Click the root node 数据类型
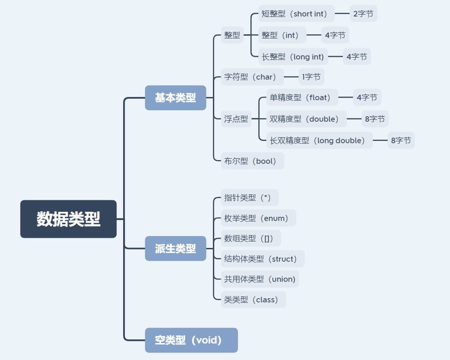(68, 219)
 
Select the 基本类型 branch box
(175, 98)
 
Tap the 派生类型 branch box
(175, 248)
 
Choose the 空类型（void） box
(191, 340)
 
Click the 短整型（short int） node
(296, 14)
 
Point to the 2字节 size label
(363, 14)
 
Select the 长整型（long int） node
(293, 57)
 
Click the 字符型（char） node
(252, 77)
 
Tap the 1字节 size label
(311, 77)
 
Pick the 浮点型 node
(236, 119)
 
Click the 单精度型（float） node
(302, 97)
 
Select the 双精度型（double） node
(306, 119)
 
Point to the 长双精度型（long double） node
(320, 140)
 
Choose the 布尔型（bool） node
(252, 161)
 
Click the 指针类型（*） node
(249, 198)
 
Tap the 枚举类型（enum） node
(258, 218)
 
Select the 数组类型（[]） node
(250, 238)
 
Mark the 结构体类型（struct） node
(262, 259)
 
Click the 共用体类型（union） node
(260, 279)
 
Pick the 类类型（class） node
(253, 300)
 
